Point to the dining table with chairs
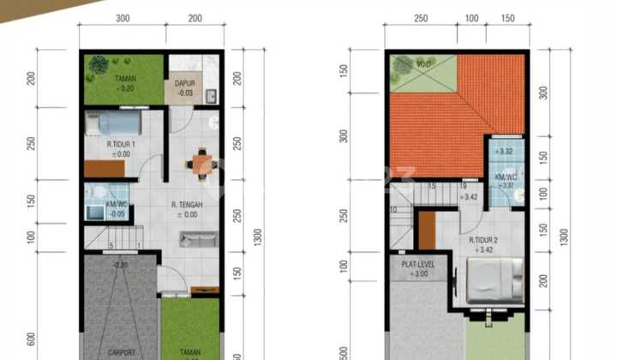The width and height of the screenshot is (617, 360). tap(201, 164)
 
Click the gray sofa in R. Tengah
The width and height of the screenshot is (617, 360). tap(196, 241)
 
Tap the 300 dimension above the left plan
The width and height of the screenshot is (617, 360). tap(123, 19)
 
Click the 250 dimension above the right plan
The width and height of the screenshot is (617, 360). tap(421, 19)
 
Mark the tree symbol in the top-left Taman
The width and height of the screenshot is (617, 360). tap(98, 65)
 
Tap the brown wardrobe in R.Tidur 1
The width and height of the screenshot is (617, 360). tap(104, 169)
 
